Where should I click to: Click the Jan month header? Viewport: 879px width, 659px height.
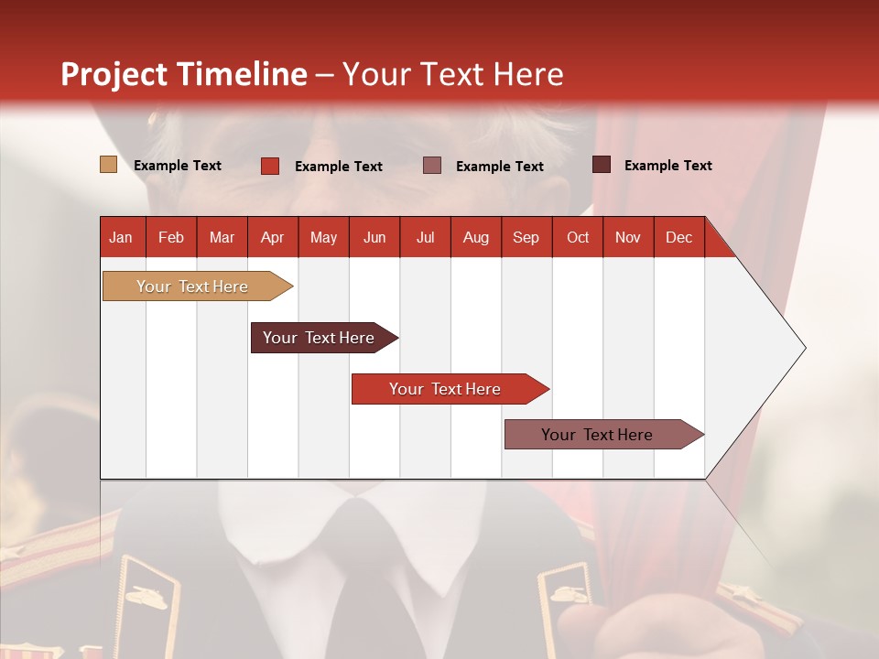click(121, 237)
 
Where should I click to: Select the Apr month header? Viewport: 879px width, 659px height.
click(272, 237)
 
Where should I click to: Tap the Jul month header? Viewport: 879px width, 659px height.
click(425, 237)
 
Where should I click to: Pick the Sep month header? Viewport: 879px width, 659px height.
click(526, 237)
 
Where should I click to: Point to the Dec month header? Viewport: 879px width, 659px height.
click(678, 237)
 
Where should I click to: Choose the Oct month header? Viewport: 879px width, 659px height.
click(577, 237)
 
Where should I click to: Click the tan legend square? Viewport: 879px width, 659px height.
click(108, 165)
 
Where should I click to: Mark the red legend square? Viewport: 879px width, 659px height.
click(270, 166)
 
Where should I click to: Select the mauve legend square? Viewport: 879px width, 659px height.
click(432, 165)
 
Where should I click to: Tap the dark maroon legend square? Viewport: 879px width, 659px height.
click(602, 164)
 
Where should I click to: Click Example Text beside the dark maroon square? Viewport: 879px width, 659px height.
click(667, 165)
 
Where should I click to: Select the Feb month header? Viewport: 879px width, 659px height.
click(171, 237)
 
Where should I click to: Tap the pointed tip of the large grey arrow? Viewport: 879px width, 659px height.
click(804, 348)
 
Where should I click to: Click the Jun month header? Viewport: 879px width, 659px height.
click(374, 237)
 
